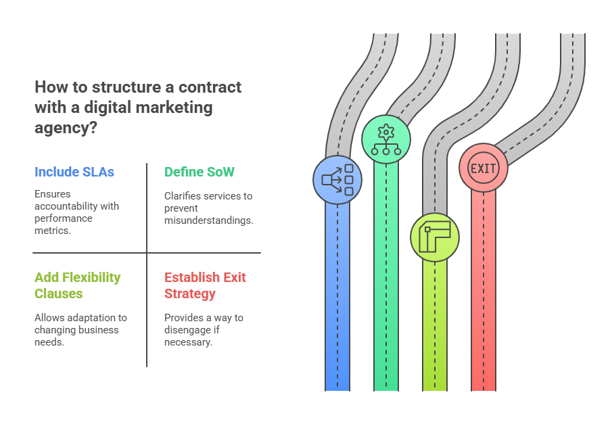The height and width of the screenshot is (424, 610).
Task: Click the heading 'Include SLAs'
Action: pyautogui.click(x=74, y=172)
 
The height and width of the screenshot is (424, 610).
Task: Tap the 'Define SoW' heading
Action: pyautogui.click(x=200, y=172)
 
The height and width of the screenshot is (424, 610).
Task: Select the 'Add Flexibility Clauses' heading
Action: pyautogui.click(x=77, y=285)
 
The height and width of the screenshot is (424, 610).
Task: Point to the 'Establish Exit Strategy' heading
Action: pyautogui.click(x=205, y=285)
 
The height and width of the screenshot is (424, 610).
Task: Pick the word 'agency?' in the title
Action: pyautogui.click(x=65, y=126)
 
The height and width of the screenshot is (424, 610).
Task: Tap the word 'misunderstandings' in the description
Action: pyautogui.click(x=209, y=220)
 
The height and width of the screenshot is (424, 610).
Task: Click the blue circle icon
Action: pyautogui.click(x=337, y=180)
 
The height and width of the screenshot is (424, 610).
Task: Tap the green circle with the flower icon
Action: pyautogui.click(x=386, y=139)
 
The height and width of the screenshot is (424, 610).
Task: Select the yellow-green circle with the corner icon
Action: pyautogui.click(x=435, y=238)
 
